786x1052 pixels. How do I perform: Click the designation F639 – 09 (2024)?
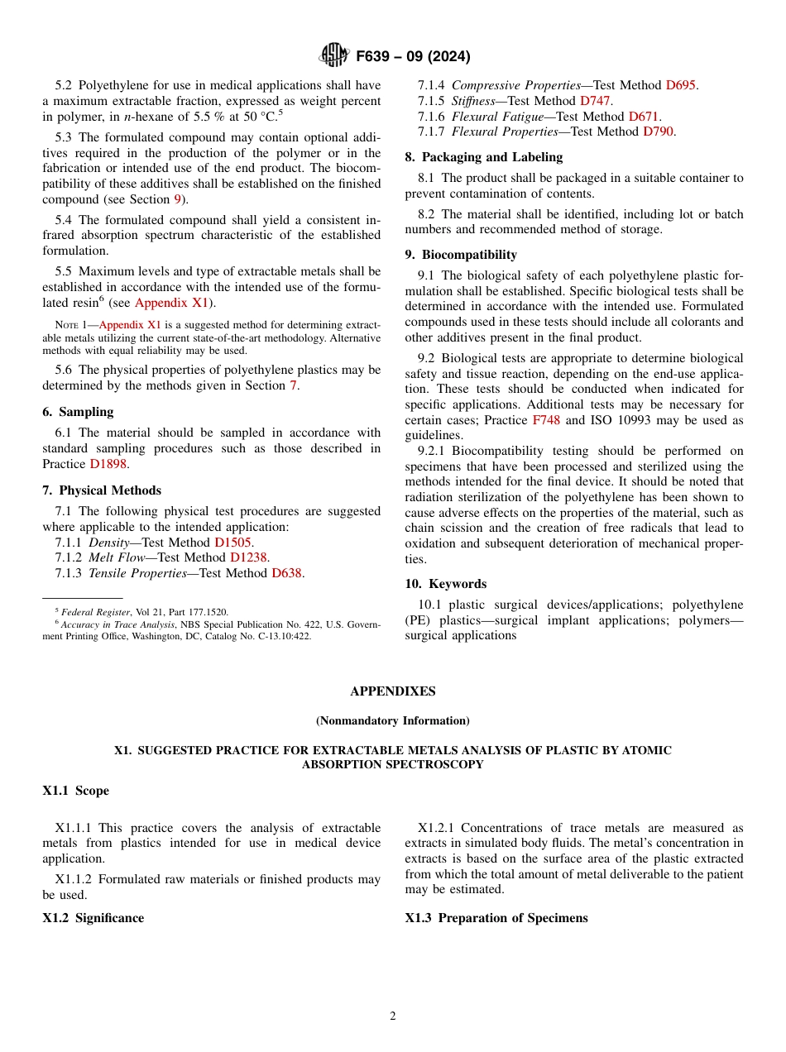[x=413, y=56]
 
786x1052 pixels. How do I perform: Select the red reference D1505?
[x=232, y=543]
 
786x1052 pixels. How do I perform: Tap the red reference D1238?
[x=249, y=557]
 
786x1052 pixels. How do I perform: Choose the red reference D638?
[x=286, y=573]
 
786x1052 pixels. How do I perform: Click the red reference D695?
[x=681, y=85]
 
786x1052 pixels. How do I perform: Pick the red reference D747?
[x=595, y=101]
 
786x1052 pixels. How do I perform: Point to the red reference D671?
[x=644, y=117]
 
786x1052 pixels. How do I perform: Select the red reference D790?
[x=659, y=131]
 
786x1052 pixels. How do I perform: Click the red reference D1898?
[x=108, y=464]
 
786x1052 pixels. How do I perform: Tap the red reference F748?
[x=546, y=420]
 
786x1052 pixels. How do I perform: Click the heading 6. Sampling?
[x=78, y=412]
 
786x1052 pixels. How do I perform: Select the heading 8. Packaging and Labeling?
[x=483, y=157]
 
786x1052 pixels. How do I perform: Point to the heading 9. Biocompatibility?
[x=461, y=255]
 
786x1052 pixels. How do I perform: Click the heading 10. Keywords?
[x=445, y=584]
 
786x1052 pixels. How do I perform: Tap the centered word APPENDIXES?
[x=392, y=691]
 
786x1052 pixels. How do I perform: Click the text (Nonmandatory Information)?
[x=392, y=720]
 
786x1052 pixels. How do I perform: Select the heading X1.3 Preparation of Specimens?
[x=496, y=918]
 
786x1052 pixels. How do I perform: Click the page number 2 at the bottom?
[x=393, y=1016]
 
